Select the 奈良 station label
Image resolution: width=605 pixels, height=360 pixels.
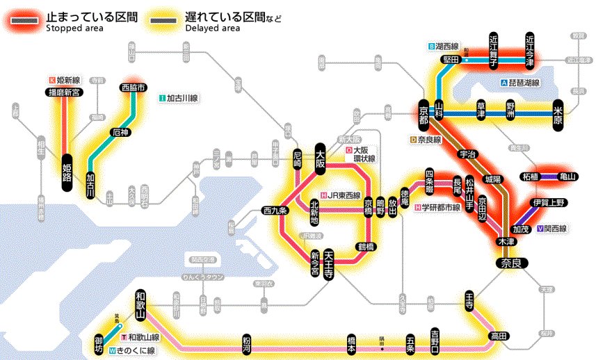(x=513, y=263)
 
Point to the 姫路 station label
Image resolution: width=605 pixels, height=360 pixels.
(x=67, y=171)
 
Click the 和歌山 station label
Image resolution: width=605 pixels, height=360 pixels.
(x=140, y=305)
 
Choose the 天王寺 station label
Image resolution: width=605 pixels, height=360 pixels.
(x=329, y=264)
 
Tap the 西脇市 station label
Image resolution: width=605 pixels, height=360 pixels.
(x=133, y=88)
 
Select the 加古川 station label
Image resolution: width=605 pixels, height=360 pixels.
(x=90, y=186)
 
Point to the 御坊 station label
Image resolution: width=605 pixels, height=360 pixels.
(x=99, y=344)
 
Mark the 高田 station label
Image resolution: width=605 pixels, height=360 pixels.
(x=499, y=336)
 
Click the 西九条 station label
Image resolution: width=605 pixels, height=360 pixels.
(x=275, y=211)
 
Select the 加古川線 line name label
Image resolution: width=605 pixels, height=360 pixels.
(x=182, y=98)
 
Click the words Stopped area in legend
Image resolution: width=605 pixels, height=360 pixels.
(x=74, y=28)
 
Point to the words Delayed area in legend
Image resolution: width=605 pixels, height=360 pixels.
(x=213, y=28)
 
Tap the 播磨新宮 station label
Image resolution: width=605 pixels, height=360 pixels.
(x=64, y=92)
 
